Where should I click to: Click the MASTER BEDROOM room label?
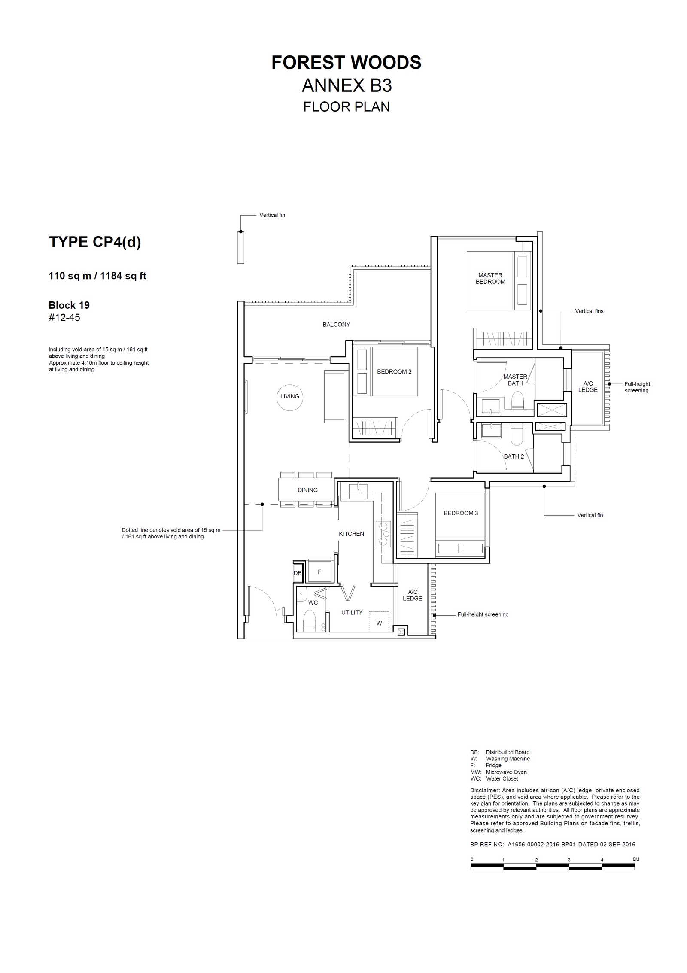tap(490, 278)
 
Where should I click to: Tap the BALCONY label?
tap(336, 325)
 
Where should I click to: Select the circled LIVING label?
tap(290, 397)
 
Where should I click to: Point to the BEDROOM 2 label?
tap(394, 372)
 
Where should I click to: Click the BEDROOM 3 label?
tap(461, 513)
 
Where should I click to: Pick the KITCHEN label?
tap(351, 534)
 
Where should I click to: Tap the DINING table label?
tap(307, 490)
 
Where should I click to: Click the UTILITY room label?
tap(352, 612)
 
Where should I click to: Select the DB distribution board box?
tap(298, 573)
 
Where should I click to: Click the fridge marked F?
tap(319, 572)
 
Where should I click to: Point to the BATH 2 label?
tap(514, 456)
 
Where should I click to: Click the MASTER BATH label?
tap(515, 380)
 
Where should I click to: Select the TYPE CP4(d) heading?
tap(95, 242)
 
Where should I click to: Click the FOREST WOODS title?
tap(347, 63)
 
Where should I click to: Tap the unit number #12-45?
tap(64, 318)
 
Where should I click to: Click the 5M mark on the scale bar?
tap(636, 859)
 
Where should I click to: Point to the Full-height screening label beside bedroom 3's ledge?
tap(483, 614)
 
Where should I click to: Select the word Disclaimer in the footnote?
tap(485, 790)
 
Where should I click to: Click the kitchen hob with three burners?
tap(383, 534)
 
